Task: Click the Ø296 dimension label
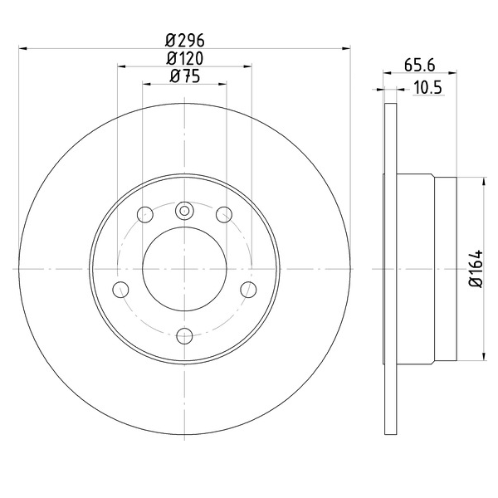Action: (x=185, y=41)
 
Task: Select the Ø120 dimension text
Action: (x=185, y=58)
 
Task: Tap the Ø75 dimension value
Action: (x=185, y=76)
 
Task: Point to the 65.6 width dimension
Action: (x=419, y=66)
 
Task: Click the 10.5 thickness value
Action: (x=427, y=88)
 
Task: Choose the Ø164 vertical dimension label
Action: (x=476, y=269)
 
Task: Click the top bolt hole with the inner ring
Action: (x=184, y=211)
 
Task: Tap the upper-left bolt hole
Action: (x=145, y=214)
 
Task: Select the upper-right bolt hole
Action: (x=224, y=214)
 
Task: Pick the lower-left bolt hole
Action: (x=120, y=290)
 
